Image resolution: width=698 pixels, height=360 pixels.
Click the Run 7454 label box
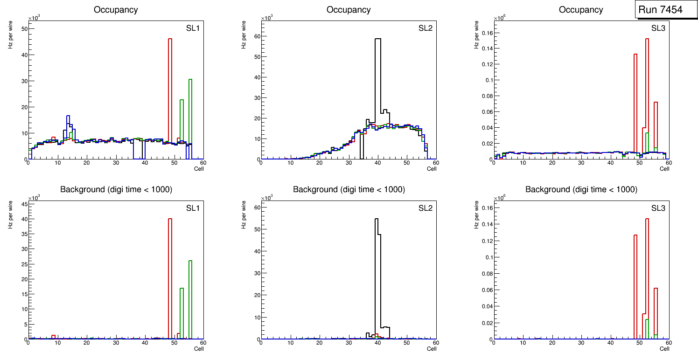tap(666, 10)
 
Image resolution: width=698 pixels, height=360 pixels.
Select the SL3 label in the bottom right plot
tap(658, 208)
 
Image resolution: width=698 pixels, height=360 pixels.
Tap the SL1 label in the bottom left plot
tap(192, 208)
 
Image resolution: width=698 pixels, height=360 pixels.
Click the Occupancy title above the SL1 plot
tap(116, 10)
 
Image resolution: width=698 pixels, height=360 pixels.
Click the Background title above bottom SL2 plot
tap(349, 189)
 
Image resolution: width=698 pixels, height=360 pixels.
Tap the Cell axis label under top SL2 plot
tap(432, 169)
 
